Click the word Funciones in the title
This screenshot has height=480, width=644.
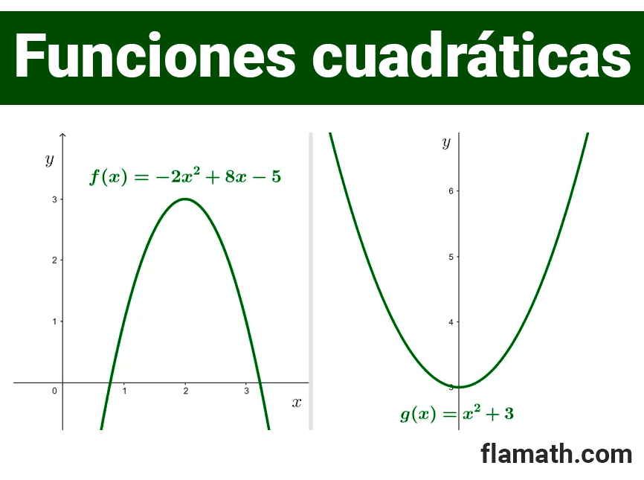coord(155,55)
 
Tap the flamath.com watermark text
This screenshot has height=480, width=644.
coord(556,454)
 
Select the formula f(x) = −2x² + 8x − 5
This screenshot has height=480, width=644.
coord(185,176)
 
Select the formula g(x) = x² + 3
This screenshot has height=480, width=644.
coord(457,414)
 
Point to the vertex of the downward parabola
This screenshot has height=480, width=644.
coord(186,199)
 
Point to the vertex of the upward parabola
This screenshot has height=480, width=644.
coord(459,387)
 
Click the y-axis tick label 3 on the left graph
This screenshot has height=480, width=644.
coord(54,199)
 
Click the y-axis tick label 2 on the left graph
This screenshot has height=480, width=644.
coord(54,260)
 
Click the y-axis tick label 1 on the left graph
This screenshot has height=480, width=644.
coord(54,321)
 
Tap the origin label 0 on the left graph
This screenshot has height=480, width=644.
coord(54,391)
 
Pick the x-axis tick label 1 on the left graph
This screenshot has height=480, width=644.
coord(124,391)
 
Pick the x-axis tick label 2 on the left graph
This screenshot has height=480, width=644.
coord(186,391)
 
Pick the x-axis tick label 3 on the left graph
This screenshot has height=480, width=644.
coord(246,391)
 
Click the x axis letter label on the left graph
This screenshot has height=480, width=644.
coord(297,403)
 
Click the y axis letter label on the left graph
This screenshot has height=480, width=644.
coord(50,159)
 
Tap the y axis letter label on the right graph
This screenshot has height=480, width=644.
coord(446,143)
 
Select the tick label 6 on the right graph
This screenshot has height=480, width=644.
coord(451,191)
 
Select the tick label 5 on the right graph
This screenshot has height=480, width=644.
coord(451,257)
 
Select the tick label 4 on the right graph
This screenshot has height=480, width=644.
coord(451,322)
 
